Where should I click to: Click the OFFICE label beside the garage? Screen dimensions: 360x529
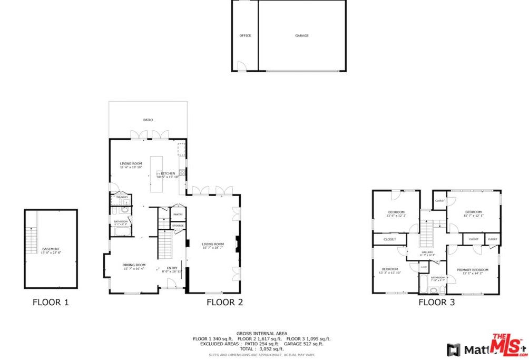point(245,36)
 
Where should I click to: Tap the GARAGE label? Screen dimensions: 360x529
point(301,36)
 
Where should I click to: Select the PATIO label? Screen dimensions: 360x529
point(148,120)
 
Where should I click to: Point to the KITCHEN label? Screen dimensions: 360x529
point(168,173)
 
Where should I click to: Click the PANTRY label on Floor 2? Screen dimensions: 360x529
point(178,215)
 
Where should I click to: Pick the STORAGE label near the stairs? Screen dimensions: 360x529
point(178,226)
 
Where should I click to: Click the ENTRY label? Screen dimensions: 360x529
point(172,268)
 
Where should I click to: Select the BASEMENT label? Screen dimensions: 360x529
point(51,249)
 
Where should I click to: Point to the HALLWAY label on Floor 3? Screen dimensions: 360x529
point(427,252)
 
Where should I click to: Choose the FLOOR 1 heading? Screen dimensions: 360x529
point(51,303)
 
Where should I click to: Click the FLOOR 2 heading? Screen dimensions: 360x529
point(224,303)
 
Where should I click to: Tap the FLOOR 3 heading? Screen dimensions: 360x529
point(437,303)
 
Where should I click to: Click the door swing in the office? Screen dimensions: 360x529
point(241,66)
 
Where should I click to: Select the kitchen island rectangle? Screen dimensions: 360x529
point(156,174)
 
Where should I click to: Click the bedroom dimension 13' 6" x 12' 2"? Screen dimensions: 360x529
point(396,216)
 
